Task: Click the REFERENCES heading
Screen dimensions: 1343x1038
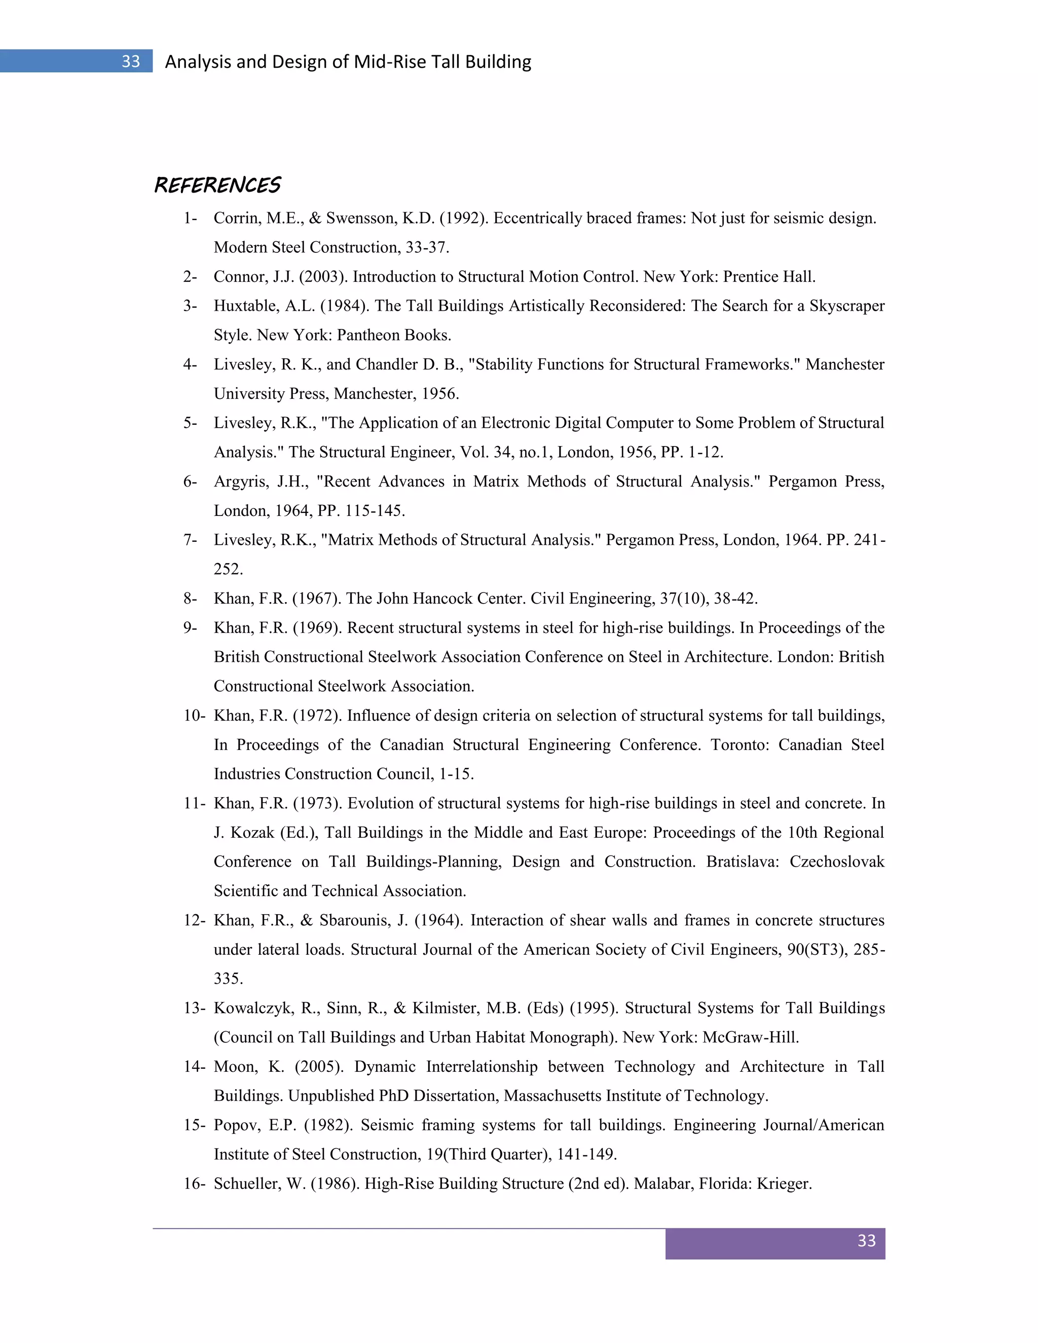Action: [217, 185]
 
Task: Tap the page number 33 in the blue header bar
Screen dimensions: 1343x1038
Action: [130, 61]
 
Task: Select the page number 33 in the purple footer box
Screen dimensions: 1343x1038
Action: [866, 1241]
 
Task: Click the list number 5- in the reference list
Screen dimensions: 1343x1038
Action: [190, 423]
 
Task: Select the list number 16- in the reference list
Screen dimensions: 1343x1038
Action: [194, 1184]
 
